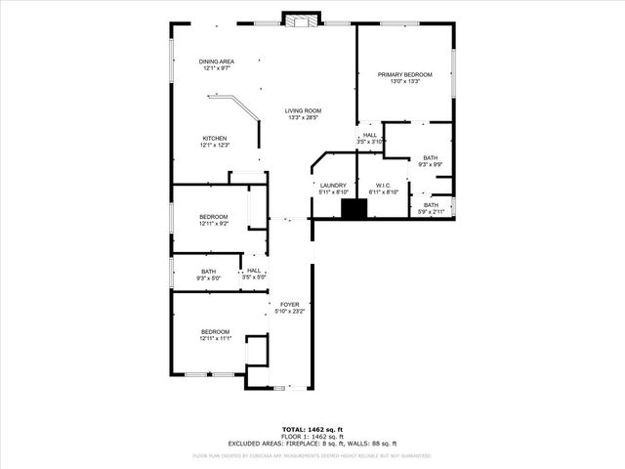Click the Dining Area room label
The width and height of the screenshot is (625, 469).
pyautogui.click(x=217, y=61)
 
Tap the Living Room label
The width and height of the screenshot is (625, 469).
pyautogui.click(x=303, y=110)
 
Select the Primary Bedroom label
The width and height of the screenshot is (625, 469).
pyautogui.click(x=405, y=74)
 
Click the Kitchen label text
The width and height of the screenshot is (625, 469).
pyautogui.click(x=215, y=138)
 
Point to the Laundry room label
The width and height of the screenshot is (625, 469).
pyautogui.click(x=334, y=185)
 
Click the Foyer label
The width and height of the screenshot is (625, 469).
pyautogui.click(x=289, y=304)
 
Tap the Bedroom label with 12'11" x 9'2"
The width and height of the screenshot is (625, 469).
pyautogui.click(x=214, y=216)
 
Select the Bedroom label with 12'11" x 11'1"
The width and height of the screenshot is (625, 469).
pyautogui.click(x=215, y=331)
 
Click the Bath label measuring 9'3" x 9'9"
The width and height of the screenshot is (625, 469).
pyautogui.click(x=431, y=157)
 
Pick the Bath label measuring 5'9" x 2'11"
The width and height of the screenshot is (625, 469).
pyautogui.click(x=431, y=204)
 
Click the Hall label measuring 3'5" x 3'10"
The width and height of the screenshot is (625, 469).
pyautogui.click(x=370, y=135)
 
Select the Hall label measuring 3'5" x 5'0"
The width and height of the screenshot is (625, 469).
pyautogui.click(x=254, y=271)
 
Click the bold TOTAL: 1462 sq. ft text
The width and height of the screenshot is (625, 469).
pyautogui.click(x=312, y=429)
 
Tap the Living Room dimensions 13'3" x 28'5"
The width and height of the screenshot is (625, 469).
pyautogui.click(x=303, y=118)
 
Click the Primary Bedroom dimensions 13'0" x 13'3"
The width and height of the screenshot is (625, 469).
pyautogui.click(x=405, y=81)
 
